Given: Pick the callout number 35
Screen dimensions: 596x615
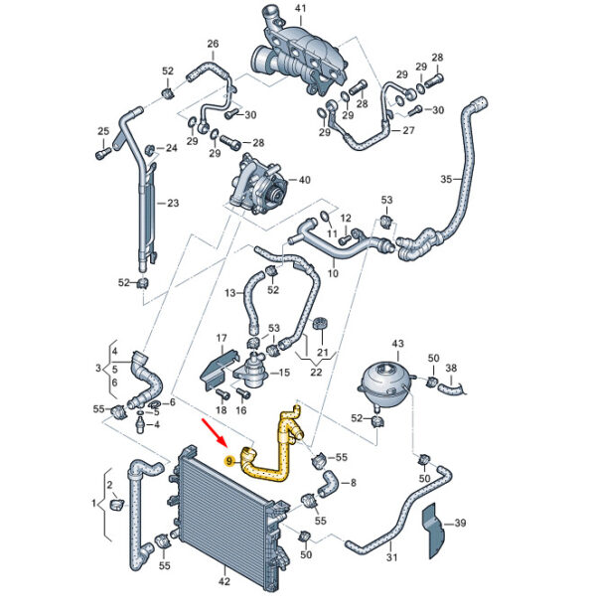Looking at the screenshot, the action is pos(446,180).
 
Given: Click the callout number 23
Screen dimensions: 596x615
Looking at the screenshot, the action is pos(172,204).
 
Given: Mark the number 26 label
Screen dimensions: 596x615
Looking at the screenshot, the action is pos(213,44).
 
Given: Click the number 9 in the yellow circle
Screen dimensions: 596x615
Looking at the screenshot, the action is pos(230,460).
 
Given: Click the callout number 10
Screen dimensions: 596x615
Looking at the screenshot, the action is pos(333,272).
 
